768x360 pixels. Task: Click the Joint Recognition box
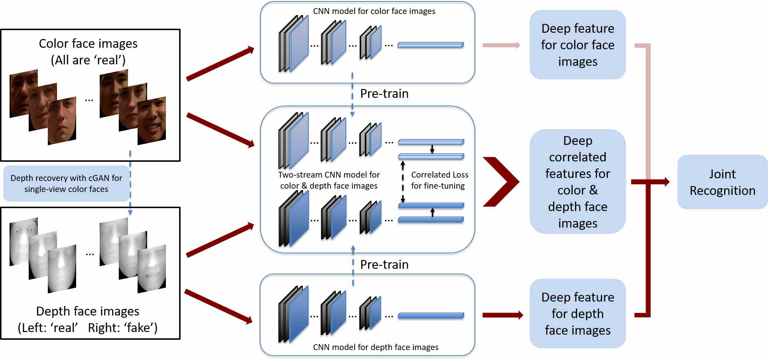tap(722, 182)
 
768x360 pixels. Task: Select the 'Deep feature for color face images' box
tap(577, 45)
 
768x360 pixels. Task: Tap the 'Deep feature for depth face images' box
tap(577, 313)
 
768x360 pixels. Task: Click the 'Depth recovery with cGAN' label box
tap(66, 183)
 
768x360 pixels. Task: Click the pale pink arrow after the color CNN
tap(501, 45)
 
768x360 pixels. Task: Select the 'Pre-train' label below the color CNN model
tap(384, 94)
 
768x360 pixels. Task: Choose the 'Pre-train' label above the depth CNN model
tap(384, 265)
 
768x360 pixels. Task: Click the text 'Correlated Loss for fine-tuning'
tap(439, 180)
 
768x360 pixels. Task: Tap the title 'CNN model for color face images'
tap(374, 11)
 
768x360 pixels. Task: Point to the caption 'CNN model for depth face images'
tap(376, 347)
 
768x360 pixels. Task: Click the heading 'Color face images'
tap(88, 44)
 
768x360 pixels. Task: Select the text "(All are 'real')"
tap(88, 60)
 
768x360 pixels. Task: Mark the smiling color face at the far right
tap(152, 121)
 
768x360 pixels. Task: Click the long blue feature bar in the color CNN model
tap(431, 45)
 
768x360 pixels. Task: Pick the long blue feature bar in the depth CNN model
tap(431, 316)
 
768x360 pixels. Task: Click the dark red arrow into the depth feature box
tap(503, 315)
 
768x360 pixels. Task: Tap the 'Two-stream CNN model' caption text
tap(329, 180)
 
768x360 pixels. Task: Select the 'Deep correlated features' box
tap(577, 182)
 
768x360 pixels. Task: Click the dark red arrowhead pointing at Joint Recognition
tap(666, 182)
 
